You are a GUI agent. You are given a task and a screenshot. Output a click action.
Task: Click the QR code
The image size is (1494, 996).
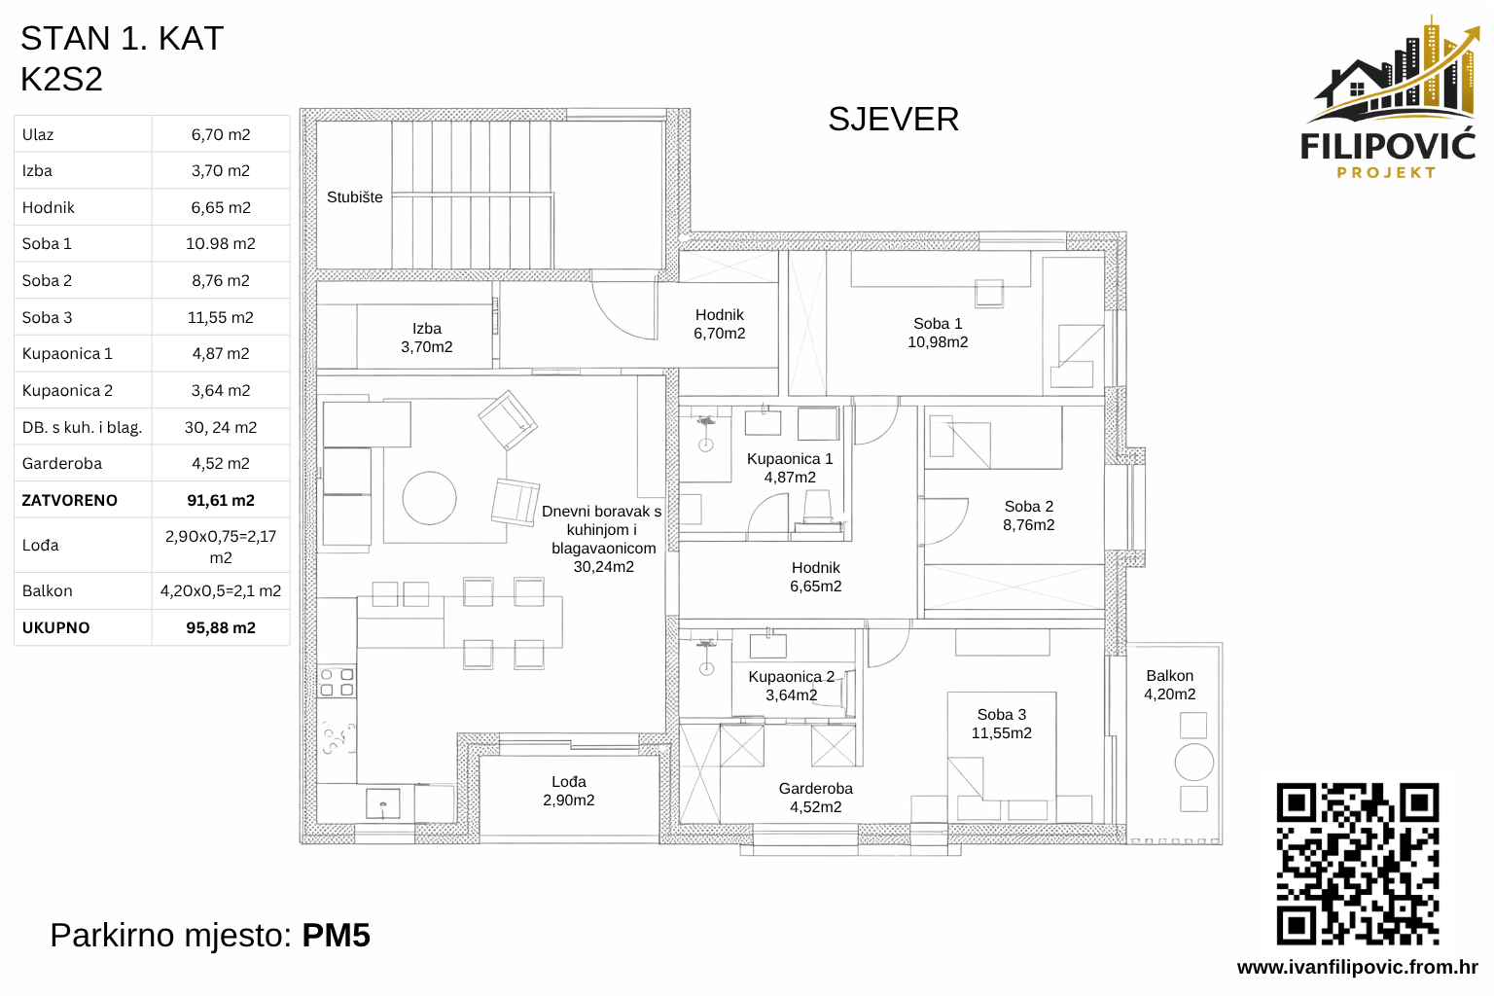click(x=1357, y=864)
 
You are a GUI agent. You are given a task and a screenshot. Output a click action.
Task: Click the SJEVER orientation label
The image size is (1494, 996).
click(x=893, y=120)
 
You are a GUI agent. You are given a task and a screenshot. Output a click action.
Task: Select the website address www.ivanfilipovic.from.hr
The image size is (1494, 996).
click(x=1357, y=967)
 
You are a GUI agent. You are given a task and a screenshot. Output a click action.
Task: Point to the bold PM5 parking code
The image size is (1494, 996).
click(x=336, y=936)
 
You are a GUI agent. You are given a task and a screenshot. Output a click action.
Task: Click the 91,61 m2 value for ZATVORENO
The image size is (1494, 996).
click(x=221, y=500)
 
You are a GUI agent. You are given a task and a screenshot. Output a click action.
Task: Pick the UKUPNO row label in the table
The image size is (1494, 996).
click(x=56, y=628)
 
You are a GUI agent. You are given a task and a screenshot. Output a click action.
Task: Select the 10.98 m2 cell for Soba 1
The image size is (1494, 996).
click(x=221, y=244)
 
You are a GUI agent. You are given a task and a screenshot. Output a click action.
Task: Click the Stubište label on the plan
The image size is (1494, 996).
click(x=355, y=197)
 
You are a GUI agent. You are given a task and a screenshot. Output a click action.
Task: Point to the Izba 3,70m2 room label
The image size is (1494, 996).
click(x=427, y=338)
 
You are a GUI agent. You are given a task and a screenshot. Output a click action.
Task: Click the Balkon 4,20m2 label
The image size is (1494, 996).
click(x=1169, y=685)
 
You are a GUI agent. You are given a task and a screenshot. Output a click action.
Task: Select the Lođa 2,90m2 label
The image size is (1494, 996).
click(x=569, y=791)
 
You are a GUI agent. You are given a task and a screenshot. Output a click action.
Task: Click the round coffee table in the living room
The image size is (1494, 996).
click(x=430, y=498)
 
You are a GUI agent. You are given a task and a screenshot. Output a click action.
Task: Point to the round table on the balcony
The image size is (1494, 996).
click(x=1193, y=762)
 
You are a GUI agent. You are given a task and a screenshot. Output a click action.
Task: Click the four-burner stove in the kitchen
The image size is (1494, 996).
click(x=337, y=682)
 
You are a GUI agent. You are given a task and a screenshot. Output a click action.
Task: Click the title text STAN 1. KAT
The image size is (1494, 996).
click(x=123, y=39)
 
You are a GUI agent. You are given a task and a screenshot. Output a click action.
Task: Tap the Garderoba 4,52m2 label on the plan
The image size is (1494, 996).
click(x=816, y=798)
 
